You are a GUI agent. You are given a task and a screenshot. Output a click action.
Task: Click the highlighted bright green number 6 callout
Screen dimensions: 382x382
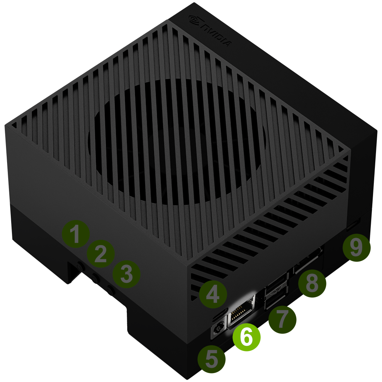(x=246, y=337)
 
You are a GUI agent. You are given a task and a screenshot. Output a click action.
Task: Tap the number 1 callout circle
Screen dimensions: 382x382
(x=76, y=234)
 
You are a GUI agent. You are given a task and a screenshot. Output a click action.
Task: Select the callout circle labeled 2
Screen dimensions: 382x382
(x=101, y=254)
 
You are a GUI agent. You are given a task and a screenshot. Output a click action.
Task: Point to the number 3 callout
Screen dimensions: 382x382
(x=126, y=274)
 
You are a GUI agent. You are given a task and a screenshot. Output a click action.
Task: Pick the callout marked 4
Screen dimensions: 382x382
(x=213, y=294)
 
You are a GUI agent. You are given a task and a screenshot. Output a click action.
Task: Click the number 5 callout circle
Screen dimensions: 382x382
(x=212, y=359)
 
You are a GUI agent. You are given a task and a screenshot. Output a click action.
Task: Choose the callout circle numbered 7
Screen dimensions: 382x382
(x=282, y=320)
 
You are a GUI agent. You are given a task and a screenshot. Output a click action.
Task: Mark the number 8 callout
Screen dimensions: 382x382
(x=312, y=284)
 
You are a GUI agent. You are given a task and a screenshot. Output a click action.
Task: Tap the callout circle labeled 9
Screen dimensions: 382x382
(x=356, y=248)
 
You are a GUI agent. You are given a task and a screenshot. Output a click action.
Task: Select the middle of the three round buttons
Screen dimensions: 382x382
(x=95, y=278)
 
